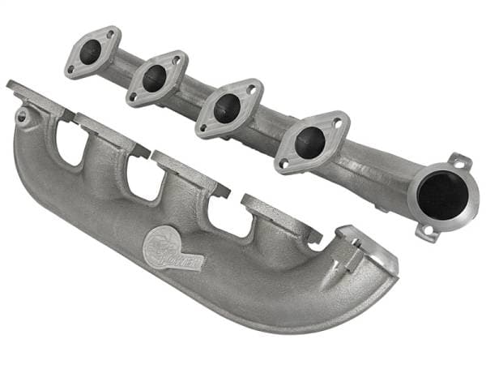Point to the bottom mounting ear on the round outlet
[426, 231]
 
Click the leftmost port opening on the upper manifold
[91, 51]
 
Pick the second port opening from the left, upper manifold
[155, 78]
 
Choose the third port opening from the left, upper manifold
[227, 108]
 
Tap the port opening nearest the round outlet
[310, 142]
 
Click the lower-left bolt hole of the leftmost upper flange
[72, 70]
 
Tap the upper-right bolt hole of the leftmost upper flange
[109, 35]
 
